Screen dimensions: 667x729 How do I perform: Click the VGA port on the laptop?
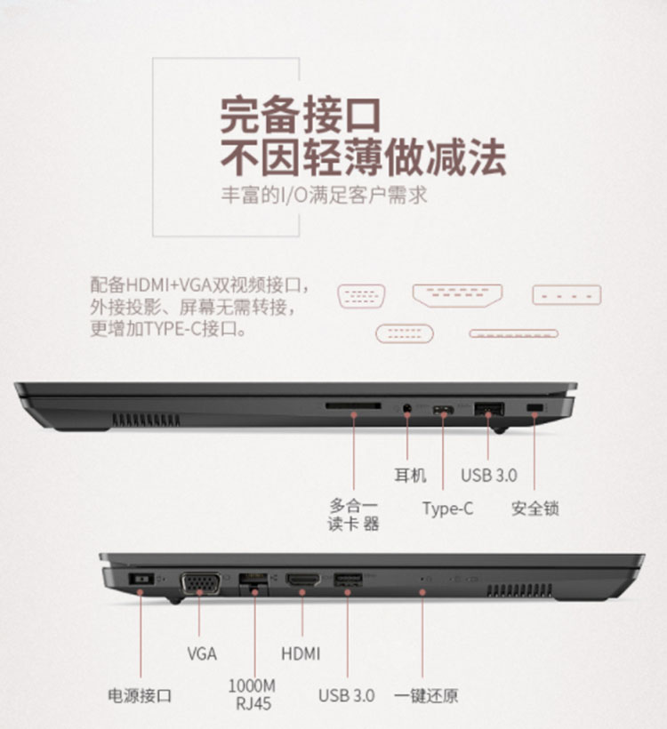(200, 583)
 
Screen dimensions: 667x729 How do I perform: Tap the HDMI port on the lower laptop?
(302, 580)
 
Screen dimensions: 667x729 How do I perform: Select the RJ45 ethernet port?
(253, 584)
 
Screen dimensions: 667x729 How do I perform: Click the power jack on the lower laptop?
(141, 580)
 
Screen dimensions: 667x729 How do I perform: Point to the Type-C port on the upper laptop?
(443, 410)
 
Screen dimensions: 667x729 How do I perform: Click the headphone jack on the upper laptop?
(407, 409)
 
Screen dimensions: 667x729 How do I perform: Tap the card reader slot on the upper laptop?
(353, 406)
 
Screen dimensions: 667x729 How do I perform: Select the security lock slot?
(534, 408)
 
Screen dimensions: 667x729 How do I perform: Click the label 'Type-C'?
(447, 509)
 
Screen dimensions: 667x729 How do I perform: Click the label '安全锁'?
(534, 509)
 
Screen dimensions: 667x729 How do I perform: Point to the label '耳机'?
(410, 475)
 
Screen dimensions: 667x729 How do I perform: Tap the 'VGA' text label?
(202, 653)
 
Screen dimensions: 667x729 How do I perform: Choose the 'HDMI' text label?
(301, 653)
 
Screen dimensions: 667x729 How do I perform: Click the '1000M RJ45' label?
(252, 694)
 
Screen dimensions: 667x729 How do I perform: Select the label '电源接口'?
(140, 695)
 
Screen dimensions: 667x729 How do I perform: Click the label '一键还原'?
(426, 695)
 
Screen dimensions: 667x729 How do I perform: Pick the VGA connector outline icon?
(361, 296)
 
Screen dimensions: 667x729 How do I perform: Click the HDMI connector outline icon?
(458, 296)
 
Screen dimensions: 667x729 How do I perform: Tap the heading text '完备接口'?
(301, 115)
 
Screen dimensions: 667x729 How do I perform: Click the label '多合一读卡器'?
(353, 514)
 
